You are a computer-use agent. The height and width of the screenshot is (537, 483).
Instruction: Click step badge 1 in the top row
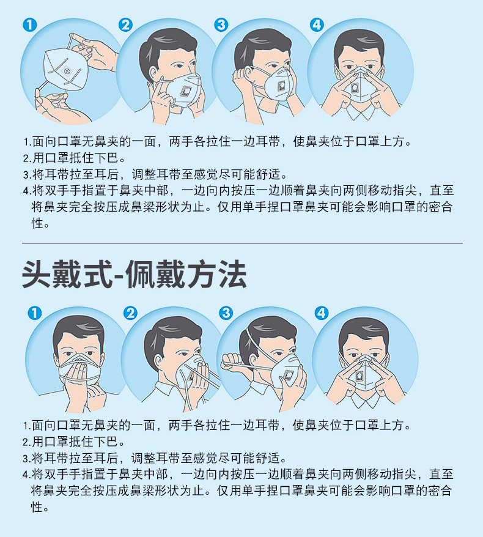[30, 25]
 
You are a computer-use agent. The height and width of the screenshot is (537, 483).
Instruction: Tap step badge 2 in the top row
[125, 25]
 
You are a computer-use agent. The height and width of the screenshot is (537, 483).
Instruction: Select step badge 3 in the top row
[221, 25]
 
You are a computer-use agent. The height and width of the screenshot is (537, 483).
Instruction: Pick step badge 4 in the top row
[317, 25]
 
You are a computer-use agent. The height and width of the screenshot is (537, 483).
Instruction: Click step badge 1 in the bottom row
[35, 313]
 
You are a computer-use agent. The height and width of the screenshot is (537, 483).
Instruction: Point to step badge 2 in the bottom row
[130, 313]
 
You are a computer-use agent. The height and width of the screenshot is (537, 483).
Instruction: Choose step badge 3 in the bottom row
[226, 313]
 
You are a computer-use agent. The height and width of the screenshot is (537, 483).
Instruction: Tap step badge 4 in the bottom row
[322, 313]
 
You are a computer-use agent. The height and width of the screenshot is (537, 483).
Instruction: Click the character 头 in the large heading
[37, 275]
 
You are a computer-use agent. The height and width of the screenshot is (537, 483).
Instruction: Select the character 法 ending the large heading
[233, 275]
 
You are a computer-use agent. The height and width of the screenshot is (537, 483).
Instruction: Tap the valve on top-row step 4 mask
[355, 87]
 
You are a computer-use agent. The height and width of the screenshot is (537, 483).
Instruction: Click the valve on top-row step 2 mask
[186, 91]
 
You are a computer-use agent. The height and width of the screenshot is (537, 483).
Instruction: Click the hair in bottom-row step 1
[79, 329]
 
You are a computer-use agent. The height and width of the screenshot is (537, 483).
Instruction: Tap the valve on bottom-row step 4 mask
[359, 376]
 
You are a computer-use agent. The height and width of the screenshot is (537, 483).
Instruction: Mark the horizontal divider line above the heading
[242, 243]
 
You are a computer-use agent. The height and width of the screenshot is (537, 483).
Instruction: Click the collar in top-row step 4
[359, 112]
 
